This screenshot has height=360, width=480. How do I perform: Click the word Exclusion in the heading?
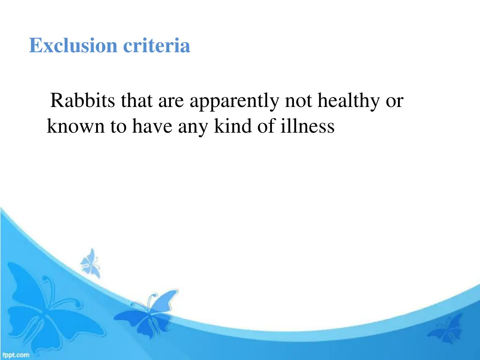[74, 46]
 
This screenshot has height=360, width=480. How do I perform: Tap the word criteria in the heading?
[157, 46]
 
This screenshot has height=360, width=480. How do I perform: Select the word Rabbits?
[84, 101]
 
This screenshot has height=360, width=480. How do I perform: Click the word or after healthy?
[394, 101]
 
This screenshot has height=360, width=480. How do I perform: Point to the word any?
[195, 127]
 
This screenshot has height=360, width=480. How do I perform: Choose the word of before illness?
[264, 127]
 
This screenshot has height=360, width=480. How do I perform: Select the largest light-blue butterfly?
[45, 305]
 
